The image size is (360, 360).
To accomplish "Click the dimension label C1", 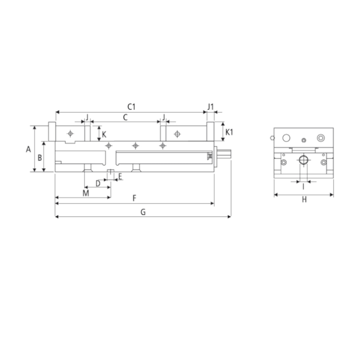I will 131,106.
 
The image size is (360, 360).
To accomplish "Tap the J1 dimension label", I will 210,106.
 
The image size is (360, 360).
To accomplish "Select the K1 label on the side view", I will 230,132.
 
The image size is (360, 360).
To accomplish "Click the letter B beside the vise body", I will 39,157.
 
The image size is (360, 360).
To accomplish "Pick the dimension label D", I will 98,183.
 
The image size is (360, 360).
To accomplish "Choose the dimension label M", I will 85,193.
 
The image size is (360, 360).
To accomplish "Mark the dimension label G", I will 143,212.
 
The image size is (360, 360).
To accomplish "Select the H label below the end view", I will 304,200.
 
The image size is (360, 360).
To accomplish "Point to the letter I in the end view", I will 303,187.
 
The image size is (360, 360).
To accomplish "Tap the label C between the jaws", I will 125,117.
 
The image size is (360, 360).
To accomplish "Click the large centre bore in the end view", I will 304,161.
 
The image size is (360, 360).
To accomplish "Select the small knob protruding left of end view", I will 270,137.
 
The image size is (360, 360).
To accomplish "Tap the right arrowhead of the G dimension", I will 229,217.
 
